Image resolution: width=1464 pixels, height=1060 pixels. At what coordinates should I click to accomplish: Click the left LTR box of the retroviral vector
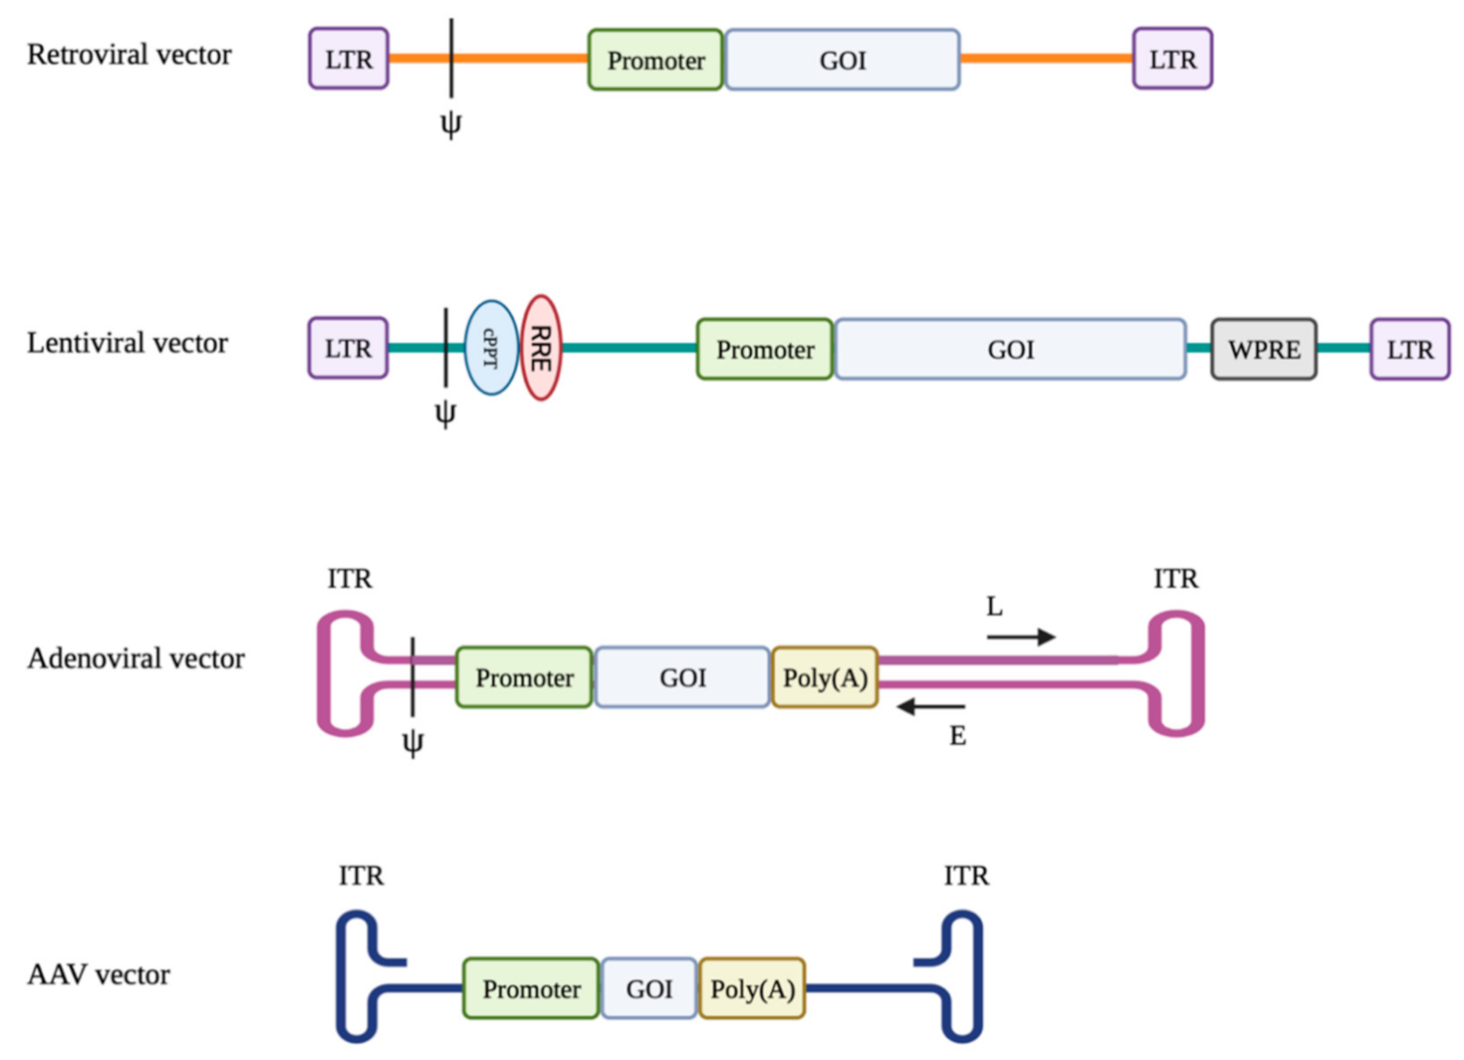point(349,59)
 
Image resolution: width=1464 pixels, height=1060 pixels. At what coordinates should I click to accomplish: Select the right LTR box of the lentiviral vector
point(1409,350)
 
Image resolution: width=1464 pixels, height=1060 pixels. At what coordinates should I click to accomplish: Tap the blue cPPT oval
point(490,348)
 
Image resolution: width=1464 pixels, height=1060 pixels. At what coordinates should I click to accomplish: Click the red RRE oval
point(541,348)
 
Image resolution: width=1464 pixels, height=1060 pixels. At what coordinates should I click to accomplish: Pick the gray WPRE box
point(1263,350)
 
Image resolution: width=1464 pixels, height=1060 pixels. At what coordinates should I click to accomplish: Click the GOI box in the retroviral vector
point(843,60)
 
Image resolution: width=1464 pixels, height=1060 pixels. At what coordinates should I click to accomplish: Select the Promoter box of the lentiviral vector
point(765,350)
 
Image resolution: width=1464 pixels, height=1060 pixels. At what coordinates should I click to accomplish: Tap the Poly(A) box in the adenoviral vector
point(825,678)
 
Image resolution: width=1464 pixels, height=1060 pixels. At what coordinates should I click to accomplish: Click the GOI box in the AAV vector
point(649,989)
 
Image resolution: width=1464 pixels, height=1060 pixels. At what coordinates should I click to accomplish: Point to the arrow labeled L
point(1021,636)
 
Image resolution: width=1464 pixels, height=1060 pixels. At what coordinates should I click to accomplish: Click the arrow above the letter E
point(930,708)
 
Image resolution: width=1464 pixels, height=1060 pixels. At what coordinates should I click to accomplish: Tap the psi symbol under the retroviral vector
point(450,124)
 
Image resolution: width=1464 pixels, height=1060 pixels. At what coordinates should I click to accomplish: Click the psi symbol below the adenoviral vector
point(412,743)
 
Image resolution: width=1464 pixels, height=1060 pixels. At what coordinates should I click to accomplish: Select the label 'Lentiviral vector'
point(128,343)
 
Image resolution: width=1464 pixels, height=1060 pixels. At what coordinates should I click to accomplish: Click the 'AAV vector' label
point(99,975)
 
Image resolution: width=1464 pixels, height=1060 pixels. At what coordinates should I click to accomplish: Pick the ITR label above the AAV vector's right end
point(966,875)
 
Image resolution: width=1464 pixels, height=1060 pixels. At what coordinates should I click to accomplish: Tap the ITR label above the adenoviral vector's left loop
point(350,579)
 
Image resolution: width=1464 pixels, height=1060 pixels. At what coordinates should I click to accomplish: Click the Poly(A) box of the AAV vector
point(752,989)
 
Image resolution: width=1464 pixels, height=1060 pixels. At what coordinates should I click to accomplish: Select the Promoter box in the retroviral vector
point(656,60)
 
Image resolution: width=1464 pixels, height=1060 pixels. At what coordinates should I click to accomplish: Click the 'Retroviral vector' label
point(129,55)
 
